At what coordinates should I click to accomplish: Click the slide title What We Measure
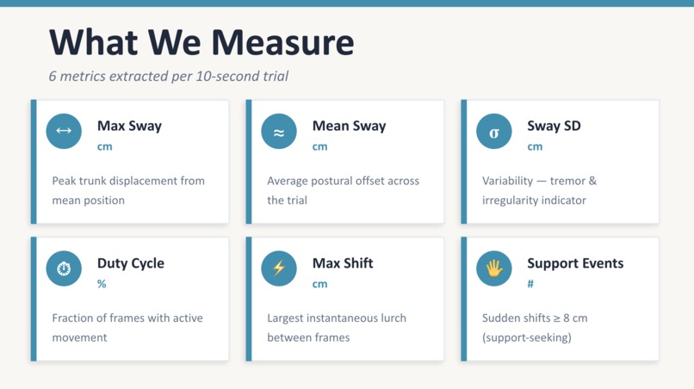click(201, 42)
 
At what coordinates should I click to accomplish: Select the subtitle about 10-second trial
click(169, 76)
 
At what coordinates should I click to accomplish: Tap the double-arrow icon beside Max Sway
click(64, 132)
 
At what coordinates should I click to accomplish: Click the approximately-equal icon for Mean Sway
click(279, 132)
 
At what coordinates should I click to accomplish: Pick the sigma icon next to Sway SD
click(494, 132)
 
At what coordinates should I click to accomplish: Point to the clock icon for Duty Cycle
click(64, 269)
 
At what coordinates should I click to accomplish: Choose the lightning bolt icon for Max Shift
click(279, 269)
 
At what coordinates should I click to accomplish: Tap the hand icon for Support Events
click(494, 269)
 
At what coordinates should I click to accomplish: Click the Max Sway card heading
click(129, 126)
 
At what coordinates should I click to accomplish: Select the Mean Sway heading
click(349, 126)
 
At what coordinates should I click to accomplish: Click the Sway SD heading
click(554, 126)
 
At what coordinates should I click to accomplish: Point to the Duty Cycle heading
click(130, 263)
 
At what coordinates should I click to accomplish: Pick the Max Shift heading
click(343, 263)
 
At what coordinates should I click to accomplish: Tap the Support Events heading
click(575, 263)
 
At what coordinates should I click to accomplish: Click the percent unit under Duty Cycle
click(102, 284)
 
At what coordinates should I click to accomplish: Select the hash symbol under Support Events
click(530, 284)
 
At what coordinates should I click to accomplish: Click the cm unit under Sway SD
click(535, 146)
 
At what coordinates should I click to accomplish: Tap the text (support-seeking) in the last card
click(526, 337)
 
